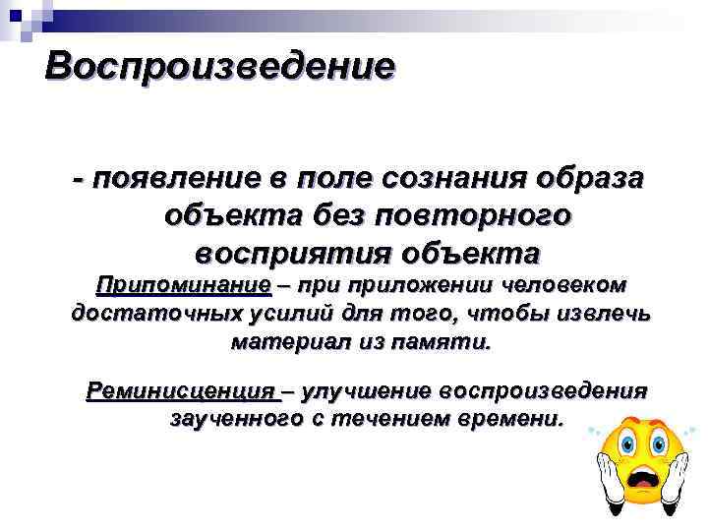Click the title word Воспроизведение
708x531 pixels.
pos(220,68)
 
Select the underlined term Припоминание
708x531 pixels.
pos(182,285)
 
